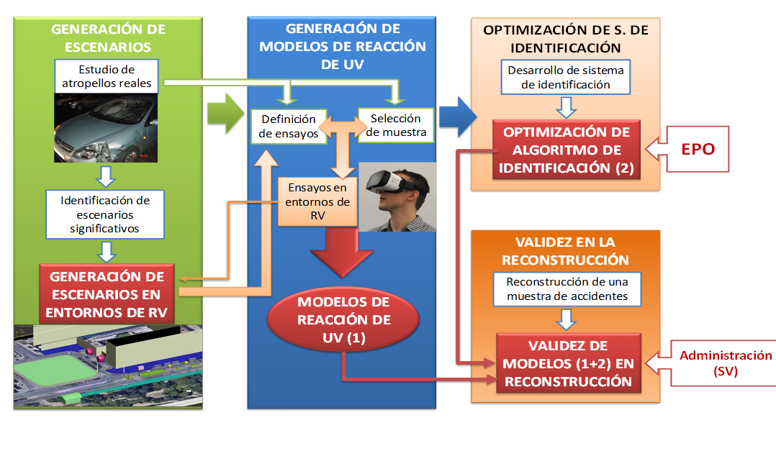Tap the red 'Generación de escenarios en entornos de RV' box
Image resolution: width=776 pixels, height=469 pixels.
coord(107,294)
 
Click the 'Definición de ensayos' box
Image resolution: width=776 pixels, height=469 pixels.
coord(289,127)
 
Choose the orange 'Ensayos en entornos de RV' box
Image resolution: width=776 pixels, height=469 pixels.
coord(317,201)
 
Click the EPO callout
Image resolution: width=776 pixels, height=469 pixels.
coord(696,150)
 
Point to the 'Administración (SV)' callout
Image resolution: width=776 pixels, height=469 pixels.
coord(716,363)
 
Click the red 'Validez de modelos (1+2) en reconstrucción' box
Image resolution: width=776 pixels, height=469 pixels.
coord(567,363)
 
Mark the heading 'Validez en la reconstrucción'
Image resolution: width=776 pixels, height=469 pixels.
coord(565,250)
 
